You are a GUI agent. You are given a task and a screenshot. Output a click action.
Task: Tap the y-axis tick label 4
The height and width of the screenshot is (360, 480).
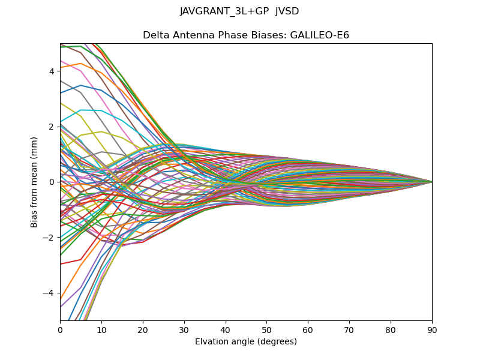click(x=52, y=71)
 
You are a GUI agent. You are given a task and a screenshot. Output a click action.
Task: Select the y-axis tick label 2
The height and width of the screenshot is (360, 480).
click(x=52, y=127)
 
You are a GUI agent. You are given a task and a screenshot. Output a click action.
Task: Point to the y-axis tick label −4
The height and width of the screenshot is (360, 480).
click(x=49, y=293)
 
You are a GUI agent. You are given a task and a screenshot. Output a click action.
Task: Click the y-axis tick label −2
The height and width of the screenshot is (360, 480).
click(x=49, y=238)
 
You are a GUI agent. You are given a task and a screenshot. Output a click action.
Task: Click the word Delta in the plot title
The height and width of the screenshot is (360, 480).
click(x=155, y=35)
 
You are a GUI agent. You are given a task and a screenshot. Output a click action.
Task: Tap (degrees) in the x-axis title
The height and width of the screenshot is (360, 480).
click(x=276, y=342)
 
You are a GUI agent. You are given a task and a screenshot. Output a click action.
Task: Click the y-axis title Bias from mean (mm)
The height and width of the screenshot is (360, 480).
click(x=34, y=182)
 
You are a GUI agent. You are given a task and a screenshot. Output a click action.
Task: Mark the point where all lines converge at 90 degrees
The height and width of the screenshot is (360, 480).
click(x=432, y=182)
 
